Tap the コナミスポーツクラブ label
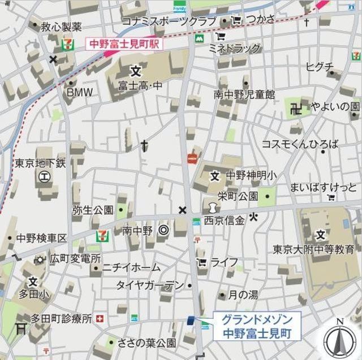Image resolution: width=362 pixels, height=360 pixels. tap(169, 21)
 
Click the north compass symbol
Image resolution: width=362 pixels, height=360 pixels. tap(339, 339)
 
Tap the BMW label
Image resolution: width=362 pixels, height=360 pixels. tap(80, 92)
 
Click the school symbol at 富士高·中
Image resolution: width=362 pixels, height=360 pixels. tap(136, 71)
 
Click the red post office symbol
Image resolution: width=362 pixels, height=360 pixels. tap(192, 159)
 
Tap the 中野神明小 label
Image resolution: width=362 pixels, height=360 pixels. tap(251, 175)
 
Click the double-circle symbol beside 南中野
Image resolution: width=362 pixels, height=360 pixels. tap(163, 230)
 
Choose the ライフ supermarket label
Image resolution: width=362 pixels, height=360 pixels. tap(224, 262)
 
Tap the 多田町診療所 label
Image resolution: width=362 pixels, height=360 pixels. tap(62, 319)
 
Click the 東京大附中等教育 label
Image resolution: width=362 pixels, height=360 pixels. tap(314, 249)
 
